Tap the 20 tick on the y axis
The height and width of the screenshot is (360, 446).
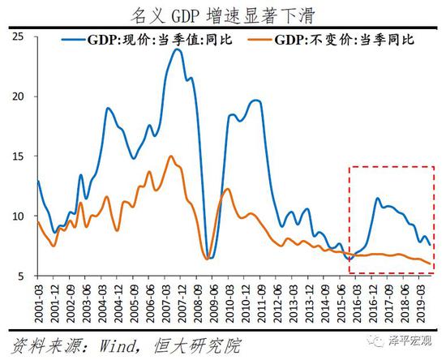pos(19,96)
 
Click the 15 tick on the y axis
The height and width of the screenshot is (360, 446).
pos(19,156)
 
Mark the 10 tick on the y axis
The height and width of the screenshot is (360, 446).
pos(19,216)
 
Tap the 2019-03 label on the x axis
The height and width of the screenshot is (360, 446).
pos(421,302)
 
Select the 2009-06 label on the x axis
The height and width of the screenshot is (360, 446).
pos(213,302)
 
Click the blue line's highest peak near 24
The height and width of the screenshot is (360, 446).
pos(177,49)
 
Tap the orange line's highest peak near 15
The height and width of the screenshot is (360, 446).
pos(170,156)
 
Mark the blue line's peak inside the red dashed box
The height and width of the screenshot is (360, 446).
pos(377,198)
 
